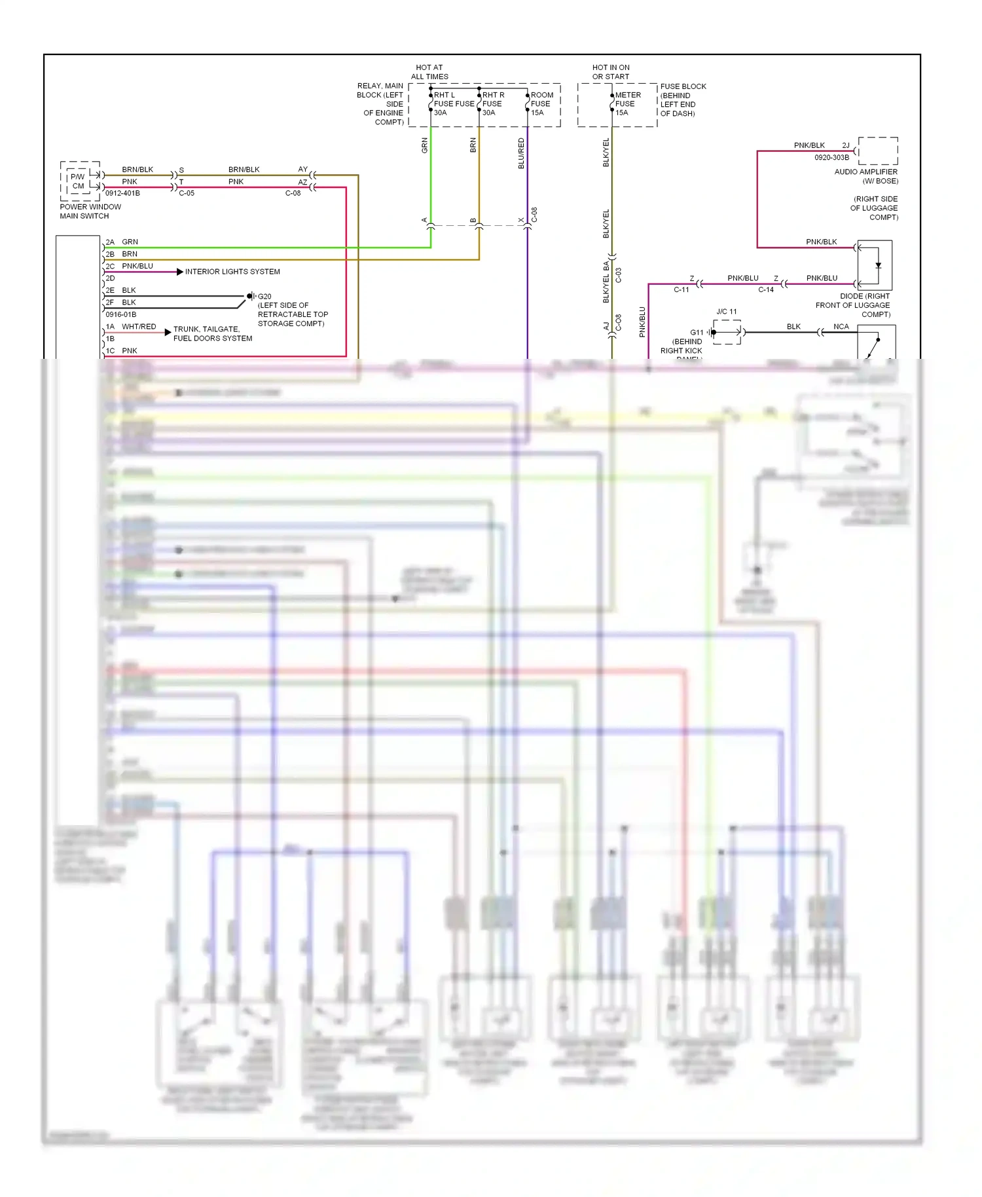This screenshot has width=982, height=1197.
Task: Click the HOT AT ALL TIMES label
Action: point(429,72)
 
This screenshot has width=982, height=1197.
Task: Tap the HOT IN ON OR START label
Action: point(611,72)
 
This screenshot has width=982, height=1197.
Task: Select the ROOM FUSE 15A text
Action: point(541,103)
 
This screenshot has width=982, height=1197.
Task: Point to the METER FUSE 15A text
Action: point(627,103)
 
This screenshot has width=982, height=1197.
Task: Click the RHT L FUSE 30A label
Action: point(445,103)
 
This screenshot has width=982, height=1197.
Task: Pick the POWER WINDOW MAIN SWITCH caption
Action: point(90,211)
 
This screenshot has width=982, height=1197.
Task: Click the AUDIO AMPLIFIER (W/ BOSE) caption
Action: point(865,176)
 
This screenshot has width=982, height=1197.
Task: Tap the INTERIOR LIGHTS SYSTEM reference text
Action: point(232,272)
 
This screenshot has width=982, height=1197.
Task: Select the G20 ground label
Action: point(264,297)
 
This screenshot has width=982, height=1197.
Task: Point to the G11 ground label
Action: point(697,333)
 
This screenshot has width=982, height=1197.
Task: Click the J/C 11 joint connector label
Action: point(726,312)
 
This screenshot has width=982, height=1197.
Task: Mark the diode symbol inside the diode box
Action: point(878,266)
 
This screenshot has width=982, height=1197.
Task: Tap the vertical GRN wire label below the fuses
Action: point(425,145)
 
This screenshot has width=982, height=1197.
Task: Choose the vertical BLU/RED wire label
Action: point(521,153)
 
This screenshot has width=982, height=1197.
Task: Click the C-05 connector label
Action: point(187,193)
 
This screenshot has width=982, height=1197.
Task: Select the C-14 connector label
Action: point(766,289)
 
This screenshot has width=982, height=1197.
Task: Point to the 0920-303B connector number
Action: point(831,157)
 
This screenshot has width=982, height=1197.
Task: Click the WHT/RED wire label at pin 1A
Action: point(139,327)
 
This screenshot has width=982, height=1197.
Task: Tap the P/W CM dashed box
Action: point(79,181)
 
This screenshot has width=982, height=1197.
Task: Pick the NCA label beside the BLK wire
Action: point(841,327)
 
